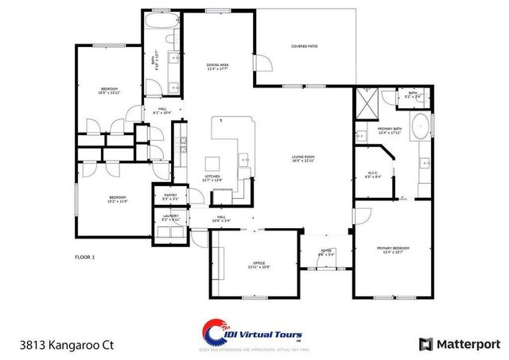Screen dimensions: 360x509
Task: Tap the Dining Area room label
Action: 217,67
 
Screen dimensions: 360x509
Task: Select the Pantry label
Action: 170,196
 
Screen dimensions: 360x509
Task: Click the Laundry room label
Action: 170,217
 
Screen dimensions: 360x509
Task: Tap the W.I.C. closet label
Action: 373,175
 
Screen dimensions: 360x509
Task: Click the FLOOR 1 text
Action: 84,257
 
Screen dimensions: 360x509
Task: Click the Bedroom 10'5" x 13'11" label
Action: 110,90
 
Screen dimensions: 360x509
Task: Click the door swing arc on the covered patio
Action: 262,64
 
